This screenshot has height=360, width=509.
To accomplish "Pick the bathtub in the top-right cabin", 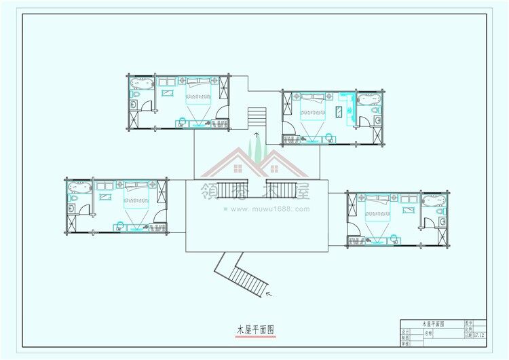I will click(x=369, y=99).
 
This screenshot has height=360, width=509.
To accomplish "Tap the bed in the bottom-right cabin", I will click(x=381, y=213).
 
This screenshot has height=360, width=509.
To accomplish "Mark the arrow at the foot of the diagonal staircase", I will click(x=269, y=294).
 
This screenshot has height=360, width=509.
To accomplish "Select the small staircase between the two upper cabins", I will click(x=257, y=117).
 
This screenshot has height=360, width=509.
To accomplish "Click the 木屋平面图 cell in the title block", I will click(x=433, y=324).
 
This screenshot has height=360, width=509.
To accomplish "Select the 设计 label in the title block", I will click(x=405, y=331).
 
